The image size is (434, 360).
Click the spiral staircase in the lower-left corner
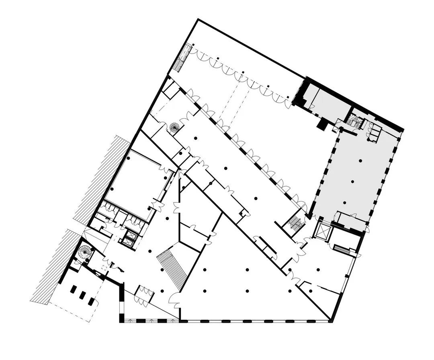85,252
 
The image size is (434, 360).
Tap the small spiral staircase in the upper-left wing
175,128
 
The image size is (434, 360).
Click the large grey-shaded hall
354,177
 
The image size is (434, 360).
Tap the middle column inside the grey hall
352,181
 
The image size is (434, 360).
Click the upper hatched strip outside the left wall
102,177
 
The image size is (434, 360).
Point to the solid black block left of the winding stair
321,124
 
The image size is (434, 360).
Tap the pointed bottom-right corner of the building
332,321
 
